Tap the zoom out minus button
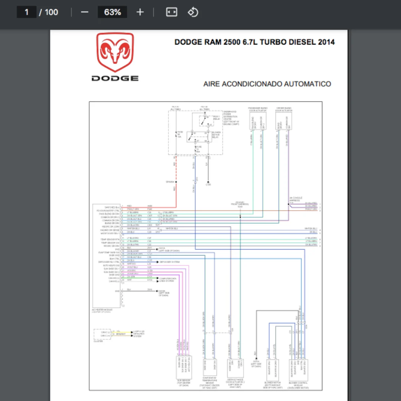pos(85,12)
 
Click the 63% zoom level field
pos(112,12)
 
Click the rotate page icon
pos(193,12)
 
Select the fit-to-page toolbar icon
pos(172,12)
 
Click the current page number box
pos(27,12)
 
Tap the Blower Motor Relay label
pos(216,135)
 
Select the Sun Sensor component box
pos(184,368)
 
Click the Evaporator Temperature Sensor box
pos(210,368)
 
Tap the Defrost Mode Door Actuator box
pos(235,368)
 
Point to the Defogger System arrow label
pos(171,262)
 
